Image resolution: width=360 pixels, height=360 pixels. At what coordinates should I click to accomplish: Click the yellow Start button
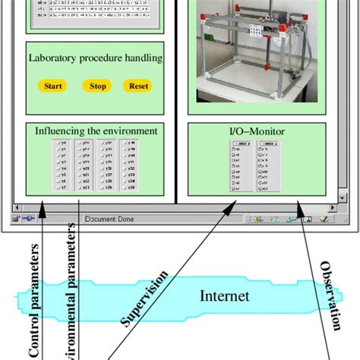pyautogui.click(x=52, y=86)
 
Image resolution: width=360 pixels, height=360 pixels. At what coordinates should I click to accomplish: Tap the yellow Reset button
pyautogui.click(x=139, y=86)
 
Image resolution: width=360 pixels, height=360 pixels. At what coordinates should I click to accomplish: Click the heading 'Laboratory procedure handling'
pyautogui.click(x=96, y=57)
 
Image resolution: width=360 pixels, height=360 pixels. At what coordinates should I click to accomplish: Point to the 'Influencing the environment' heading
pyautogui.click(x=96, y=131)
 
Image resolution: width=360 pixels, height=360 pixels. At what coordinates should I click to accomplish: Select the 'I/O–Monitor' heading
pyautogui.click(x=257, y=131)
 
